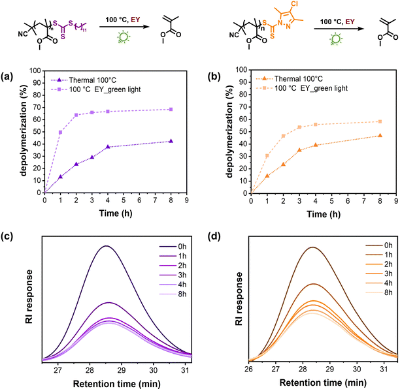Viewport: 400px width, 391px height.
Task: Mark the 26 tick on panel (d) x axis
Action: pyautogui.click(x=250, y=369)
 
